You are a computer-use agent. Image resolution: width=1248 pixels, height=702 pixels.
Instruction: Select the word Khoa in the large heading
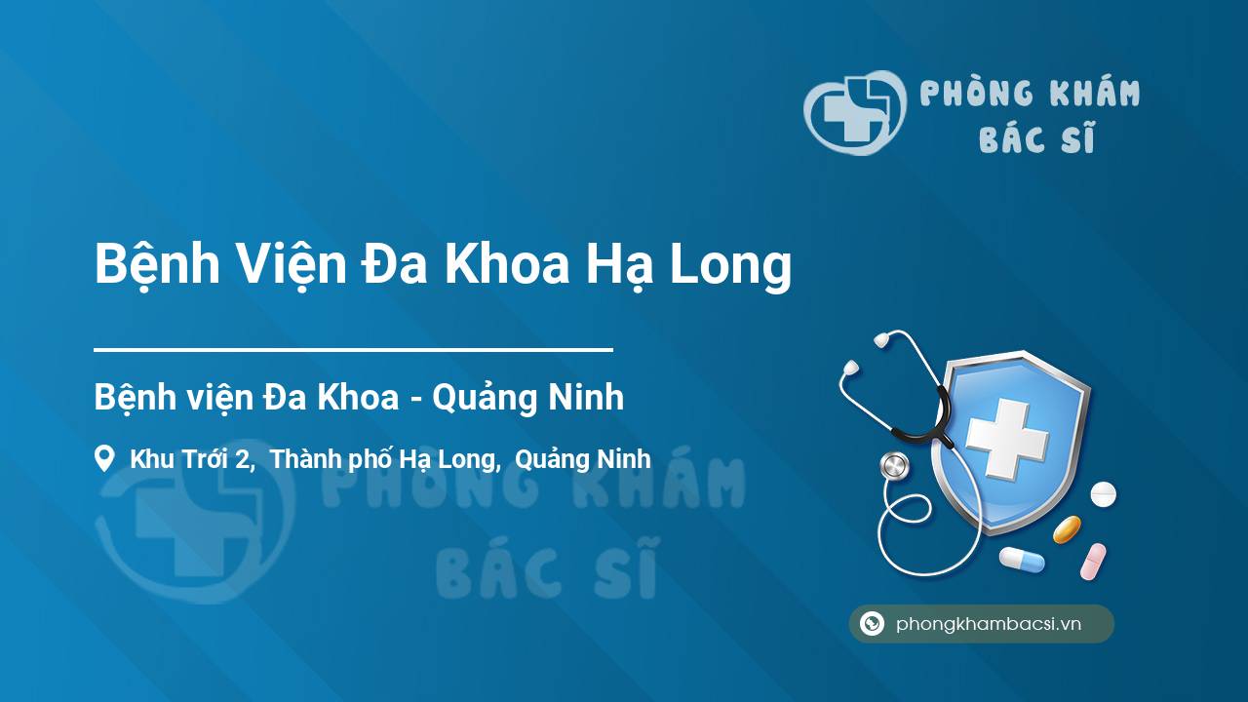click(x=507, y=264)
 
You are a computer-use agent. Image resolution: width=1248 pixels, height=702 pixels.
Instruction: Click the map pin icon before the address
click(x=104, y=458)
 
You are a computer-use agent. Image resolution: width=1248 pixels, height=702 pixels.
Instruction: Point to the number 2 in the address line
click(x=243, y=459)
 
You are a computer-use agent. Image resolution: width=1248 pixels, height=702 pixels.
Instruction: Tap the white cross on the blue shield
click(x=1007, y=439)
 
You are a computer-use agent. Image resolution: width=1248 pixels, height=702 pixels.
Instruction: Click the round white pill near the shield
click(x=1103, y=494)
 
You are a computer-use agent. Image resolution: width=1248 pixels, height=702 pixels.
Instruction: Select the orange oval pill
click(x=1067, y=529)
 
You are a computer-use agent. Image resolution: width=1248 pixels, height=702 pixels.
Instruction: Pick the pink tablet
click(x=1093, y=561)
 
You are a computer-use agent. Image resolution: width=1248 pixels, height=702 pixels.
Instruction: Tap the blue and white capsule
click(x=1022, y=560)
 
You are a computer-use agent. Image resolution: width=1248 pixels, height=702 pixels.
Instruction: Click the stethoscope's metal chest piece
click(x=894, y=466)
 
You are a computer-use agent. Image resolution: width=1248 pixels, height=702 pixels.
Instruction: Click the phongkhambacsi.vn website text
click(x=989, y=624)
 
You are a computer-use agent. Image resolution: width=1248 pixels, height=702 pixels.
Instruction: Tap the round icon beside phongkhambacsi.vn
click(x=872, y=623)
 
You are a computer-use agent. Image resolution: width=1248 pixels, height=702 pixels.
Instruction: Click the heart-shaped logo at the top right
click(x=855, y=112)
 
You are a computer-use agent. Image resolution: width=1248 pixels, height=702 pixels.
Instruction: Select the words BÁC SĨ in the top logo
click(x=1036, y=137)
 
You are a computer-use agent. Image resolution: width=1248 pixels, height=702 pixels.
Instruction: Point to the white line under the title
click(x=353, y=350)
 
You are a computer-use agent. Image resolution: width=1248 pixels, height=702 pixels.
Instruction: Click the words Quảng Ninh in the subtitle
click(x=527, y=398)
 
